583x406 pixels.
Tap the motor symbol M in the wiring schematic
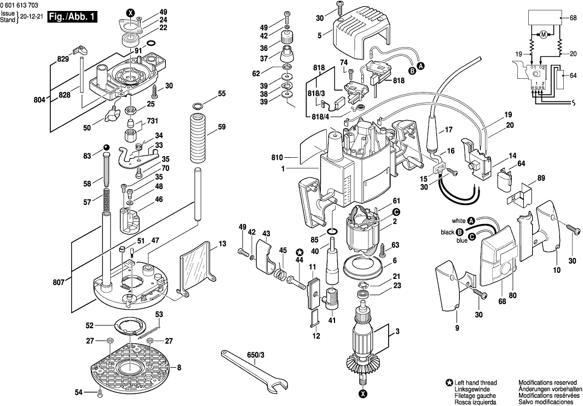point(543,35)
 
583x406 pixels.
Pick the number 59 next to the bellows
point(222,127)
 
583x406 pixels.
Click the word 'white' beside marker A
point(458,221)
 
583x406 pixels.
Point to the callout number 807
point(59,283)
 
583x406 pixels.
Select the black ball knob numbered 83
point(105,147)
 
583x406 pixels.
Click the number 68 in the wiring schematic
point(573,18)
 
